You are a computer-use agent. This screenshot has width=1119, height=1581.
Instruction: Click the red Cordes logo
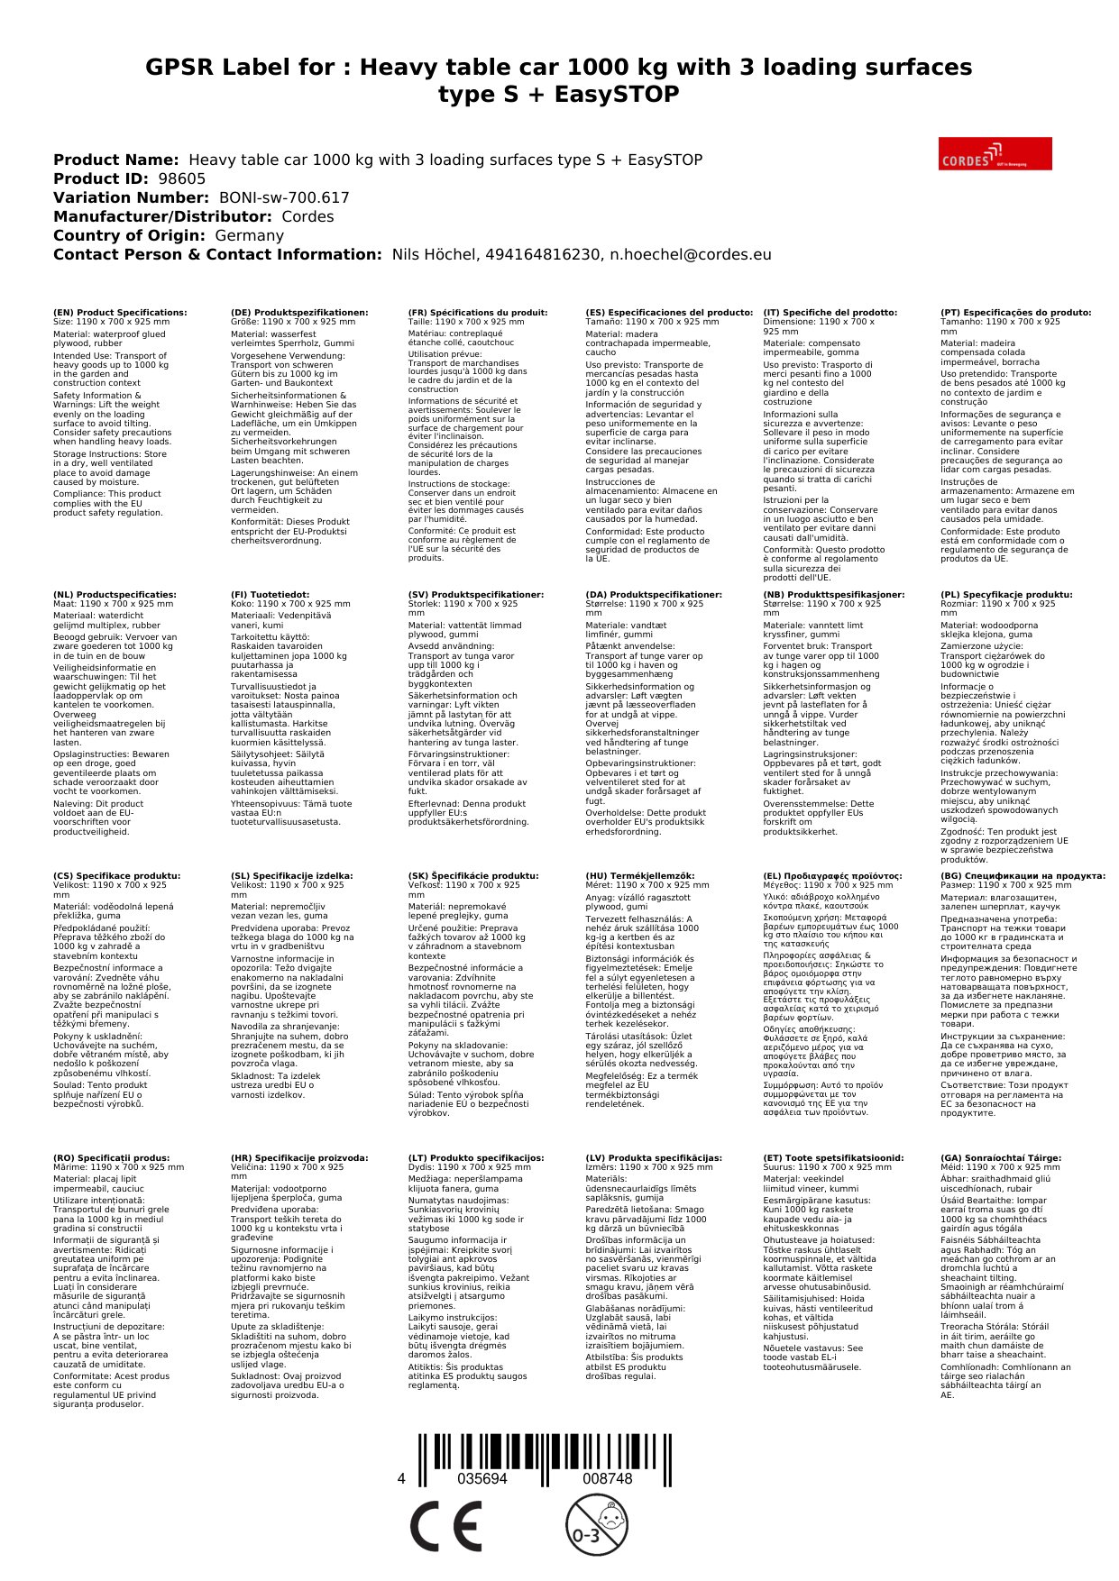995,153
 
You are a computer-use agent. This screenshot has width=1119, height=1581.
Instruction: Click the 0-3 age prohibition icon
596,1524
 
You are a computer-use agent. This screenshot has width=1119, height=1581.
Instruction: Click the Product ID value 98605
181,178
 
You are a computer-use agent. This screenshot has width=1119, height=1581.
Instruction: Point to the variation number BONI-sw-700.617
284,197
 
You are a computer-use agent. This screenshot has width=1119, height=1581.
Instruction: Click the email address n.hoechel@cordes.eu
690,254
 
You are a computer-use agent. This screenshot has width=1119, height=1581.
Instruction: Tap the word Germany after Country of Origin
249,235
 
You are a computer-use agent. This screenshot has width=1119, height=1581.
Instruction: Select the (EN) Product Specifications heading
120,313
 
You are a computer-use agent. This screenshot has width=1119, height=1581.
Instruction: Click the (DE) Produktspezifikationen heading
299,313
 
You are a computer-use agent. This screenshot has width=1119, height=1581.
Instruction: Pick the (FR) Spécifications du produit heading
477,313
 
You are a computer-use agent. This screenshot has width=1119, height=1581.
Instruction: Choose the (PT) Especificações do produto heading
1015,313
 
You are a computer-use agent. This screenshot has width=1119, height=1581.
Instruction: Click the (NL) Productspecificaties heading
115,595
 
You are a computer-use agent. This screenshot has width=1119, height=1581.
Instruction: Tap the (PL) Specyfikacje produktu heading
1006,595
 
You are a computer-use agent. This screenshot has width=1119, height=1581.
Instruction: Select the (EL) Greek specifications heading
832,876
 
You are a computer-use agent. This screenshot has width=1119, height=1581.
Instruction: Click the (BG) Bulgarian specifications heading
1023,876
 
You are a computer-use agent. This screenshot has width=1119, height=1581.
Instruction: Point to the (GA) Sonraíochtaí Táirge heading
1000,1158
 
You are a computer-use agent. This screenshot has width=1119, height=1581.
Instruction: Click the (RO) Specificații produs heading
111,1158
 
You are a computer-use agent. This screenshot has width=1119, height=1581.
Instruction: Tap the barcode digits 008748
607,1479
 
